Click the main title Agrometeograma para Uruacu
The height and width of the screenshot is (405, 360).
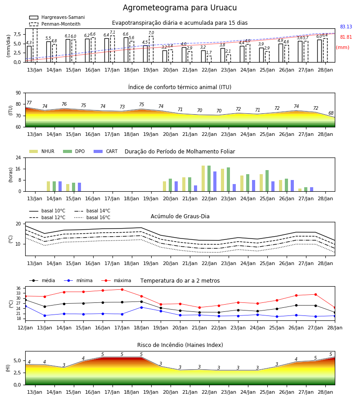pyautogui.click(x=180, y=8)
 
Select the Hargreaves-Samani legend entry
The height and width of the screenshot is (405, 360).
pyautogui.click(x=57, y=17)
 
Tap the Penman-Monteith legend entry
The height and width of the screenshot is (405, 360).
pyautogui.click(x=55, y=24)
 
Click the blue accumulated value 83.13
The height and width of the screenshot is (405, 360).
pyautogui.click(x=346, y=27)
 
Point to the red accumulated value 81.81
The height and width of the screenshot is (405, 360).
pyautogui.click(x=346, y=37)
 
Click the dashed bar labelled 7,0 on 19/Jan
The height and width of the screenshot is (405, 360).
pyautogui.click(x=151, y=49)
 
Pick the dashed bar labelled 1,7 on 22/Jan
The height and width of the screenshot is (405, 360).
pyautogui.click(x=209, y=59)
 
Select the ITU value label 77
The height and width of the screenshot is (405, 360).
pyautogui.click(x=29, y=103)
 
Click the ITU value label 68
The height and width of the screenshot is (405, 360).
pyautogui.click(x=331, y=113)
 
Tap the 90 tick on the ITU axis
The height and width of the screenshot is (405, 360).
pyautogui.click(x=18, y=93)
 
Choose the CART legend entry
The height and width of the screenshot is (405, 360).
pyautogui.click(x=105, y=151)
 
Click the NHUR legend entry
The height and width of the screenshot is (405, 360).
pyautogui.click(x=42, y=151)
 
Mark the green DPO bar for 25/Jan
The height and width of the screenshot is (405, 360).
pyautogui.click(x=267, y=181)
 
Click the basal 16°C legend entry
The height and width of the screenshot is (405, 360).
pyautogui.click(x=92, y=217)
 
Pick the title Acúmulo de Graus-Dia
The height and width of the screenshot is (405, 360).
pyautogui.click(x=180, y=216)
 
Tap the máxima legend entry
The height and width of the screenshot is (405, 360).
pyautogui.click(x=116, y=280)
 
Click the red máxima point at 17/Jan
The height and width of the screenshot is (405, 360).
pyautogui.click(x=122, y=289)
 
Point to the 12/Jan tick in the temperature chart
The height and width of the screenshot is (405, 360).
pyautogui.click(x=25, y=328)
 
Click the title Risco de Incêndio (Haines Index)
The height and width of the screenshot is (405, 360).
pyautogui.click(x=180, y=345)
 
